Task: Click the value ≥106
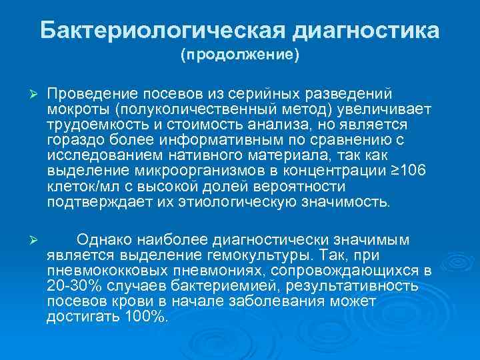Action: coord(407,171)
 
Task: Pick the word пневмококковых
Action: coord(100,271)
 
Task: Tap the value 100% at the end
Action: coord(143,317)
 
